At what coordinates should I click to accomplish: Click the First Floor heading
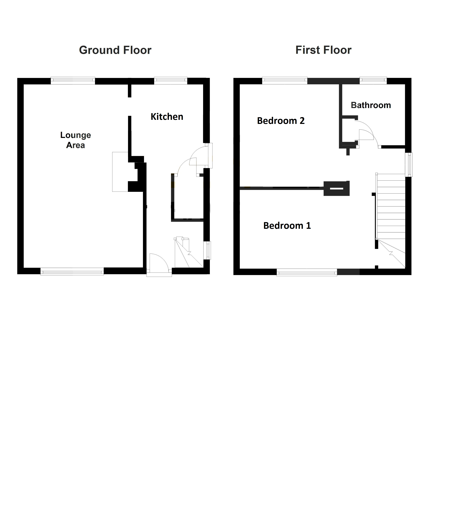click(x=323, y=50)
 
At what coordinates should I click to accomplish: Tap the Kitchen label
click(x=167, y=117)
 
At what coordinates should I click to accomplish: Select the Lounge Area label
click(x=75, y=140)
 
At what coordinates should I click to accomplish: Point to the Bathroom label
click(x=371, y=105)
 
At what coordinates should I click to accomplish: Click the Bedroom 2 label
click(x=281, y=121)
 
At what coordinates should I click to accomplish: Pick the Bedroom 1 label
click(x=287, y=226)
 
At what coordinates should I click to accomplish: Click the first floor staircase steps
click(x=391, y=207)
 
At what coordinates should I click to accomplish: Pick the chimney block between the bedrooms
click(x=336, y=188)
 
